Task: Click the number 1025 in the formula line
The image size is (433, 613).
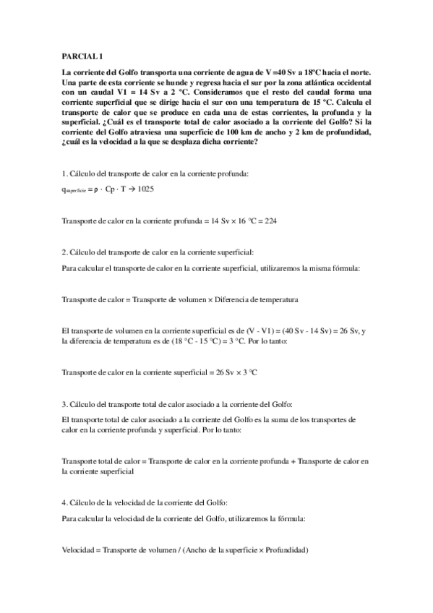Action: [145, 189]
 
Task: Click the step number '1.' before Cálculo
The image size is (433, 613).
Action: [65, 174]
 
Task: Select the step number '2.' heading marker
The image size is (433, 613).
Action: [65, 253]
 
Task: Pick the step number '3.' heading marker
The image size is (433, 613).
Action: [65, 403]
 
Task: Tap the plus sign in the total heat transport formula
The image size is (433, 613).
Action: [293, 460]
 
